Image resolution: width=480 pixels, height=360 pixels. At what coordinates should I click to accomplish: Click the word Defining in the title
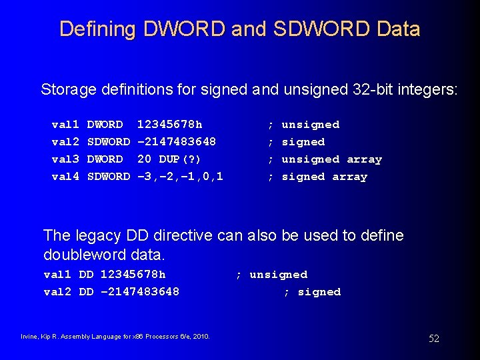pos(97,29)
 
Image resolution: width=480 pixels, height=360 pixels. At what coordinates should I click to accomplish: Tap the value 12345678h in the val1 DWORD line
pos(169,125)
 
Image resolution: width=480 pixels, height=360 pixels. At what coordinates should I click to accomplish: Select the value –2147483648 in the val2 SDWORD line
pos(177,142)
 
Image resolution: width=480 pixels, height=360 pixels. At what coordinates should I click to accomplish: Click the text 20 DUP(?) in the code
pos(169,159)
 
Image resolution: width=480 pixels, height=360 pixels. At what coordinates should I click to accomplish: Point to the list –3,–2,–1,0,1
pos(180,177)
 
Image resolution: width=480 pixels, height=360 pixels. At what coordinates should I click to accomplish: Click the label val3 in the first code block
pos(65,159)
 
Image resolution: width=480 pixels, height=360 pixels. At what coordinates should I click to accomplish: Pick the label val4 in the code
pos(65,177)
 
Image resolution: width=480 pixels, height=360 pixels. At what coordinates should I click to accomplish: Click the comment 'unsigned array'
pos(331,159)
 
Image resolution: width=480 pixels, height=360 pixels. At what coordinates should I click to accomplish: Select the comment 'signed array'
pos(324,177)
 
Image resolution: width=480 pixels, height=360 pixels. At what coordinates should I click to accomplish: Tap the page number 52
pos(434,339)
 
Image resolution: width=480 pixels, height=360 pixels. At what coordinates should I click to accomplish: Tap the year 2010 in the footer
pos(201,336)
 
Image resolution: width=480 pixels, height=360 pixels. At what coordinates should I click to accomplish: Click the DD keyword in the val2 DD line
pos(86,292)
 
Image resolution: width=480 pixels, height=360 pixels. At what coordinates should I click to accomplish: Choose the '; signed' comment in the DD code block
pos(312,292)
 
